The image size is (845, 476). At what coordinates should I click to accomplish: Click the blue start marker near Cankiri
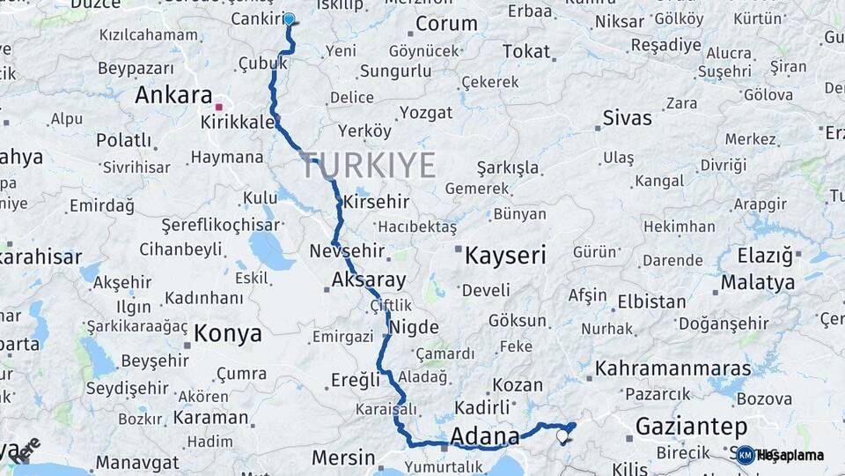click(289, 19)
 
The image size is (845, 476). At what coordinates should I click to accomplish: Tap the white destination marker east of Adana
click(562, 435)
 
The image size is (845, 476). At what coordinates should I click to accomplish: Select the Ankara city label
click(173, 96)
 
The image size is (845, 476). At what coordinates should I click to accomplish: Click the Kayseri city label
click(504, 257)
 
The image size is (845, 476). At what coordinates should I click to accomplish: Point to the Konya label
click(227, 333)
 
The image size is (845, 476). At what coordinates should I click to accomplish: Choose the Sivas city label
click(628, 118)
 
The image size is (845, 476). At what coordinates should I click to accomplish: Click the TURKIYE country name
click(368, 165)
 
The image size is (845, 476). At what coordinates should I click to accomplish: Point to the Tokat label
click(525, 52)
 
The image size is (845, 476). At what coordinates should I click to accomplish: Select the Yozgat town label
click(426, 113)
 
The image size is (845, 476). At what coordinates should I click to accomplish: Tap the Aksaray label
click(369, 281)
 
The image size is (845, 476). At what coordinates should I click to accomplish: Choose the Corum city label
click(446, 24)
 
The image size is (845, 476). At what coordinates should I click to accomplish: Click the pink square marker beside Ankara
click(219, 108)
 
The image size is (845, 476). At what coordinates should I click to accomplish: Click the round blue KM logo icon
click(745, 455)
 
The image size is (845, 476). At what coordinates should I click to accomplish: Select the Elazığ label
click(761, 257)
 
